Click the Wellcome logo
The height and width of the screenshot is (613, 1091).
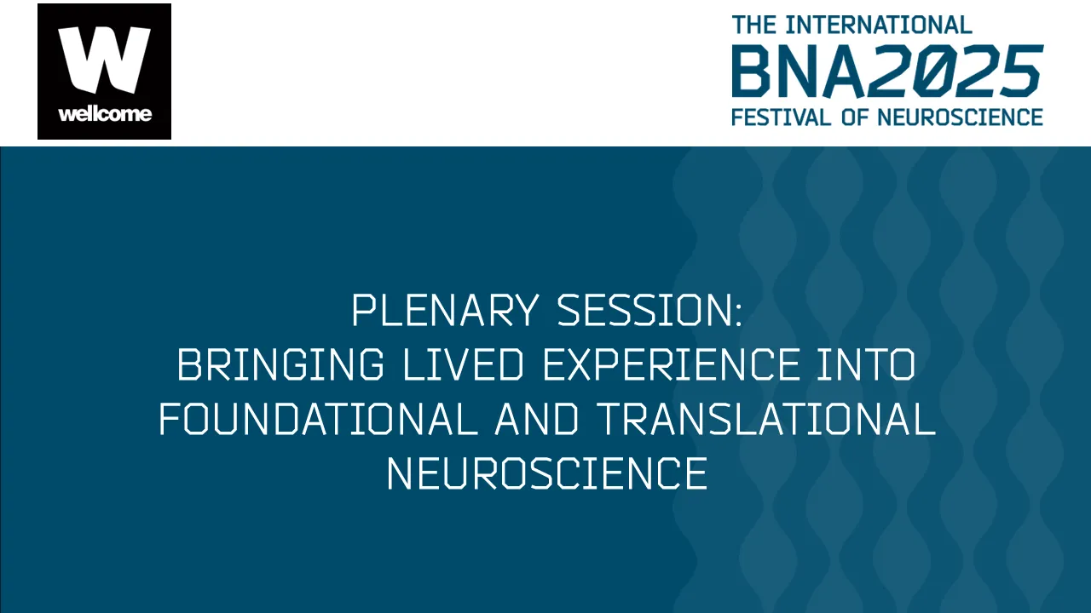104,72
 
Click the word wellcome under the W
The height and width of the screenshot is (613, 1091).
104,114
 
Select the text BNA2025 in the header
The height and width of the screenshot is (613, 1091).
886,72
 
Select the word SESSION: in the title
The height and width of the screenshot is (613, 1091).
650,312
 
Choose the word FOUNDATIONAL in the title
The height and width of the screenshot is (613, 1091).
318,421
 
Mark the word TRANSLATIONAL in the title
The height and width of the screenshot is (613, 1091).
765,421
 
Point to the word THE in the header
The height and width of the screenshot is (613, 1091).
754,25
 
